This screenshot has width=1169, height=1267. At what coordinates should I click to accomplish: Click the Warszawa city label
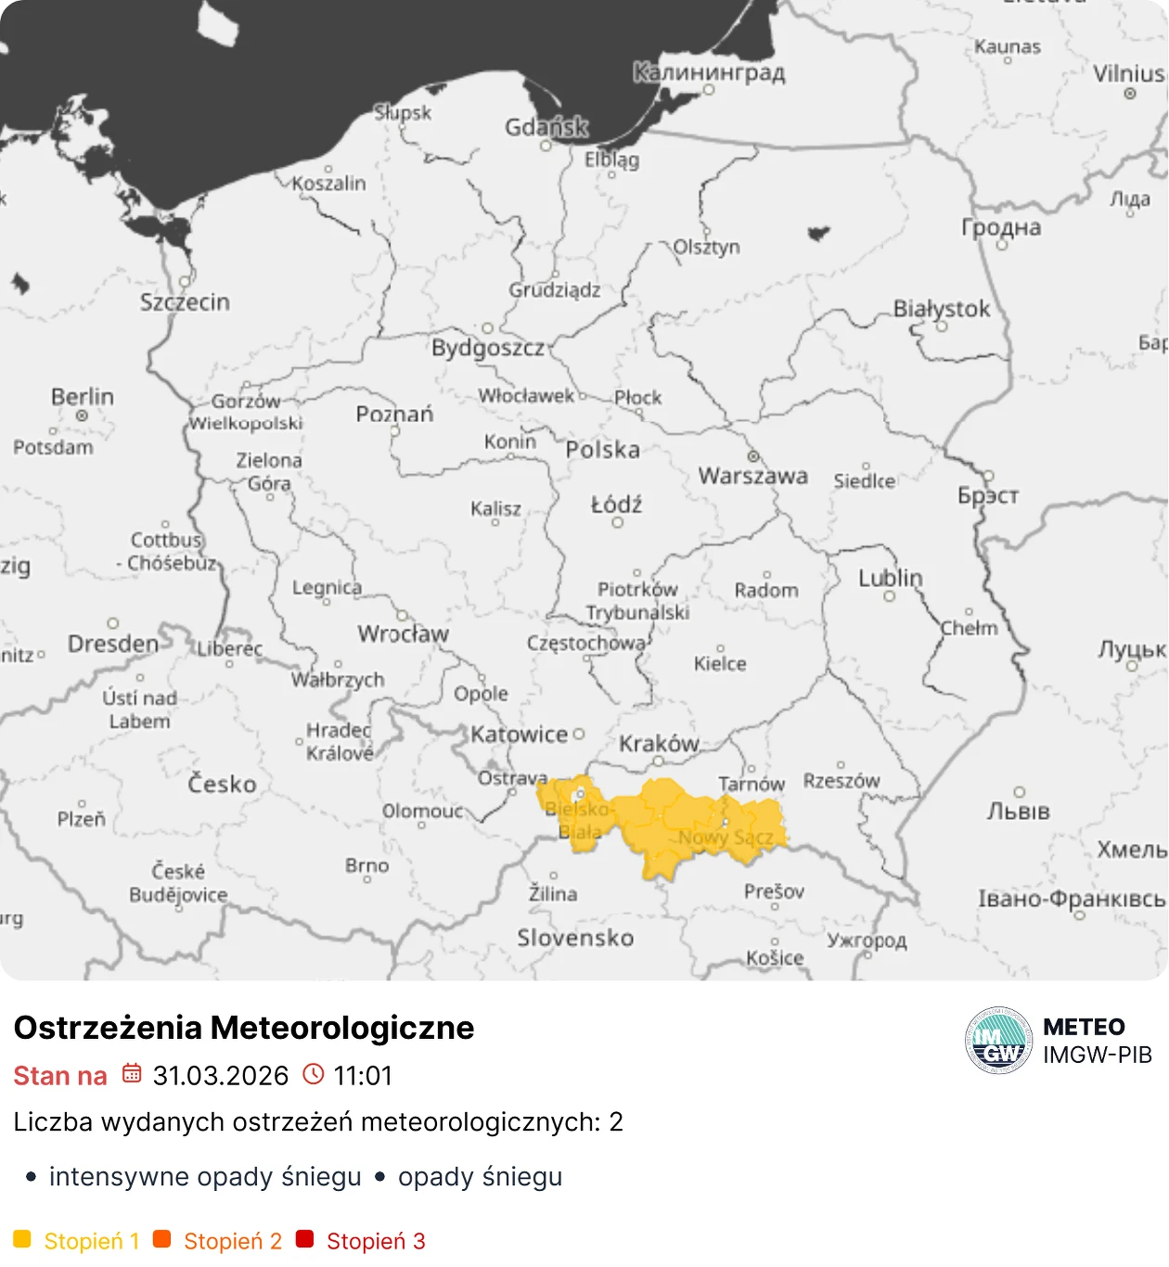point(752,476)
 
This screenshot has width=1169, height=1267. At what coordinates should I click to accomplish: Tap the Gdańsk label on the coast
point(546,127)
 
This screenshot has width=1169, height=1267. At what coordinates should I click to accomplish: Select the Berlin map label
point(83,397)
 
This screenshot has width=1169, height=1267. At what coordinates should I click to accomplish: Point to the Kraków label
point(659,744)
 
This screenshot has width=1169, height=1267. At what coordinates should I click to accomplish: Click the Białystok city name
point(942,309)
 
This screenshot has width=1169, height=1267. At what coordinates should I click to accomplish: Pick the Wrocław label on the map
point(404,634)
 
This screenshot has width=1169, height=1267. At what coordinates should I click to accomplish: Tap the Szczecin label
point(185,302)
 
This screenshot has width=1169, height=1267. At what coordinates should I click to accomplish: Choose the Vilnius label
point(1127,73)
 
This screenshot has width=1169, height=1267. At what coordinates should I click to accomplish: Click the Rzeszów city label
point(841,781)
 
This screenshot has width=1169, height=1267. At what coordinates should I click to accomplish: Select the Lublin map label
point(891,579)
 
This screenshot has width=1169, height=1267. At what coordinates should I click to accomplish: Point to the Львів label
point(1018,812)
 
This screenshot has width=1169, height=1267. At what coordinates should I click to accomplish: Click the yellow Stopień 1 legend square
point(22,1239)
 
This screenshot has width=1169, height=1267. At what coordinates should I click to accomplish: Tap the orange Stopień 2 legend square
point(162,1239)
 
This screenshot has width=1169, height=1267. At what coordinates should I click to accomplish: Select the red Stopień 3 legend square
point(304,1239)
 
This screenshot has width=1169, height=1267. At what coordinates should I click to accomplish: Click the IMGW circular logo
point(998,1041)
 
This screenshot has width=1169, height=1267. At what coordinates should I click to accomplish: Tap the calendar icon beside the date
point(132,1074)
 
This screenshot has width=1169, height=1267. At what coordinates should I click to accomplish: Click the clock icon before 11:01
point(315,1074)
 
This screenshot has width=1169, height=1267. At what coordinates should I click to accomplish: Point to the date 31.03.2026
point(221,1076)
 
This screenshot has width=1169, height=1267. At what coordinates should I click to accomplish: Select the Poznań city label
point(394,414)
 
